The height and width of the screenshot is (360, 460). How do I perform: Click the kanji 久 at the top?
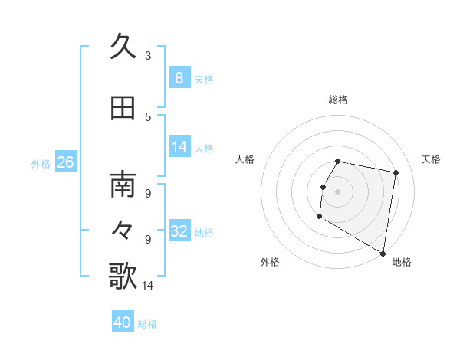coord(123,47)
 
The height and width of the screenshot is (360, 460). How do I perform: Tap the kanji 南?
coord(123,186)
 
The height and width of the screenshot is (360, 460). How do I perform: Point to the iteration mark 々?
coord(123,229)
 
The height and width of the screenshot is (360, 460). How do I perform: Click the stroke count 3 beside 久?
coord(147,56)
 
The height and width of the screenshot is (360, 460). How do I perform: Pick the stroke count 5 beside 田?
coord(147,117)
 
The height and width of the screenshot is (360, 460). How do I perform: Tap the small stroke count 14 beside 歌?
coord(147,286)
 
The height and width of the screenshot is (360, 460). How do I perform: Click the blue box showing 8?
coord(179,78)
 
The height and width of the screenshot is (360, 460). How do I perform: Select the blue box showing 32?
coord(179,231)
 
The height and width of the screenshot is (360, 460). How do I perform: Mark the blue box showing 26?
coord(65,162)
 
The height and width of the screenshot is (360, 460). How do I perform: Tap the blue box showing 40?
coord(123,322)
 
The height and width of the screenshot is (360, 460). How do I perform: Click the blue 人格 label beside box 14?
coord(204,149)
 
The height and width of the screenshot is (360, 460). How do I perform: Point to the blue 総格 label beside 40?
coord(147,324)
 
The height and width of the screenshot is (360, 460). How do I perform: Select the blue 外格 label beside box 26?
coord(40,164)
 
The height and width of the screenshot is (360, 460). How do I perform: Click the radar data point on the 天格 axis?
coord(396,173)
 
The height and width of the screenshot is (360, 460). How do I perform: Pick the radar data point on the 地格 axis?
coord(383,254)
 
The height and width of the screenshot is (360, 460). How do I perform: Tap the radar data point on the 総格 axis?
coord(338,162)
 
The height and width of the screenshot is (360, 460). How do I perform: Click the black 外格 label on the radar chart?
coord(269,263)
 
